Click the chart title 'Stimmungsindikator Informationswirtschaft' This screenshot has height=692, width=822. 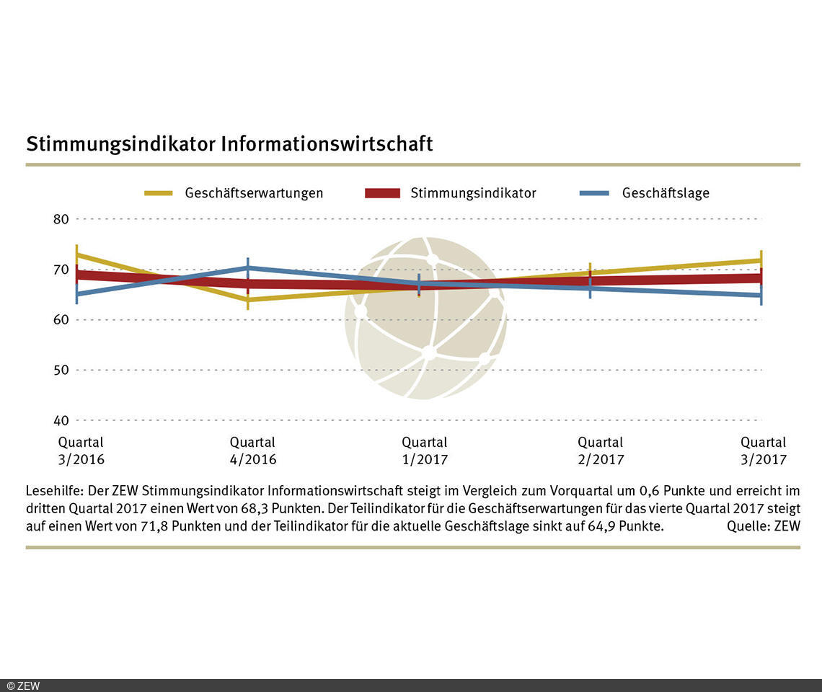[229, 143]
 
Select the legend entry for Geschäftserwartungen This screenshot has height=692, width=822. [254, 193]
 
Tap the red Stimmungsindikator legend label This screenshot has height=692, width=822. [473, 193]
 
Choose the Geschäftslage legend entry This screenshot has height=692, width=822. [666, 193]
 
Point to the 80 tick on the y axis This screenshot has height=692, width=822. [61, 219]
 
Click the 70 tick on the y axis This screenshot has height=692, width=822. [61, 270]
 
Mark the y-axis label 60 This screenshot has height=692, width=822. [61, 319]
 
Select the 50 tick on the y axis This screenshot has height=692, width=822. [61, 370]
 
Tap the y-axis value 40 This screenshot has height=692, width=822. [61, 420]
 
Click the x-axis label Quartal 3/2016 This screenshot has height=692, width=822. [81, 451]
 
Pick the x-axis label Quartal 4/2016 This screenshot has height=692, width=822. [252, 451]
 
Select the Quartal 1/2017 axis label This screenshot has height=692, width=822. [425, 451]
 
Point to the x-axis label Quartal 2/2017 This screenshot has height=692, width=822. [601, 451]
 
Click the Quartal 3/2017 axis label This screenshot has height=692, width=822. [764, 451]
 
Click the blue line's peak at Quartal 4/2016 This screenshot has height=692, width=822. [248, 267]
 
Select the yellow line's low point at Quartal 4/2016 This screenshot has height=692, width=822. [248, 299]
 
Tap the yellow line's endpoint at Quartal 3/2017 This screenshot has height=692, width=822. [761, 260]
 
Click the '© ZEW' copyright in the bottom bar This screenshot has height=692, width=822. [23, 686]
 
